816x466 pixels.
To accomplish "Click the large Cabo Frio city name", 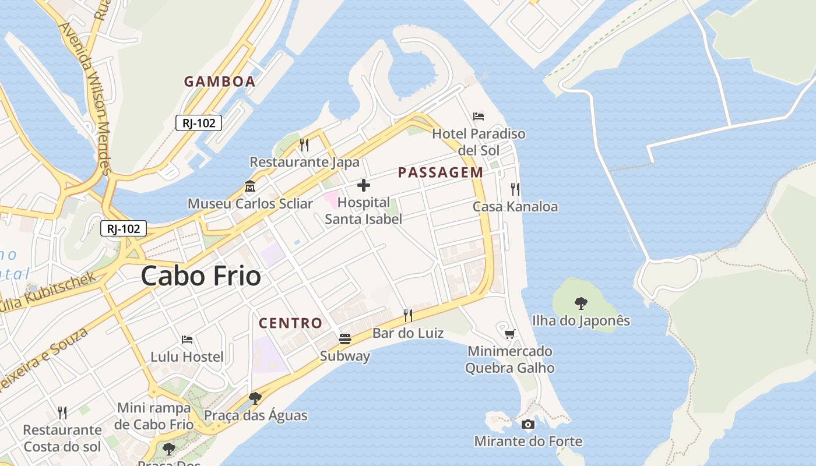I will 201,276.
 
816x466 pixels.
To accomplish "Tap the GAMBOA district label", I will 220,82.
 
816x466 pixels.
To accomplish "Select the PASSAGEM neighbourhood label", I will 441,172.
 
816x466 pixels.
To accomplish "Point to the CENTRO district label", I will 290,323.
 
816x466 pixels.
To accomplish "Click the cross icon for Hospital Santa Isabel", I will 364,186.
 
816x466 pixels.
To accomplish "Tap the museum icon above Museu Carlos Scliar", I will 250,187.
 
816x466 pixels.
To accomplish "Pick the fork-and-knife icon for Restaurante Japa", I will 304,144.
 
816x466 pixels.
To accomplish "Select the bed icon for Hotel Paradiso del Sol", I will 479,116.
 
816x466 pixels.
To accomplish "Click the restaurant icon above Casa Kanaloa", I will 515,189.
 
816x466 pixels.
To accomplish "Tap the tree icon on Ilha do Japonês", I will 581,303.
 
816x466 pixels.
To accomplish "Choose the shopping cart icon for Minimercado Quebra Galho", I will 510,334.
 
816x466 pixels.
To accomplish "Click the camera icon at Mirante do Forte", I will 528,424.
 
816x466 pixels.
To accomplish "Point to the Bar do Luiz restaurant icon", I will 408,316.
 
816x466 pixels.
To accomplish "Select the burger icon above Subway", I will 345,339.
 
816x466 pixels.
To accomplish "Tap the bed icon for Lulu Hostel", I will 187,339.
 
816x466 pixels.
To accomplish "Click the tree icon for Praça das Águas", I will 255,398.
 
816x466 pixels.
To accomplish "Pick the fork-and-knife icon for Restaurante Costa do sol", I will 62,413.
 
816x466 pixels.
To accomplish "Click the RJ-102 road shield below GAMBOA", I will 199,123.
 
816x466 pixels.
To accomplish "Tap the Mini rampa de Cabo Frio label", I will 154,416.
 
